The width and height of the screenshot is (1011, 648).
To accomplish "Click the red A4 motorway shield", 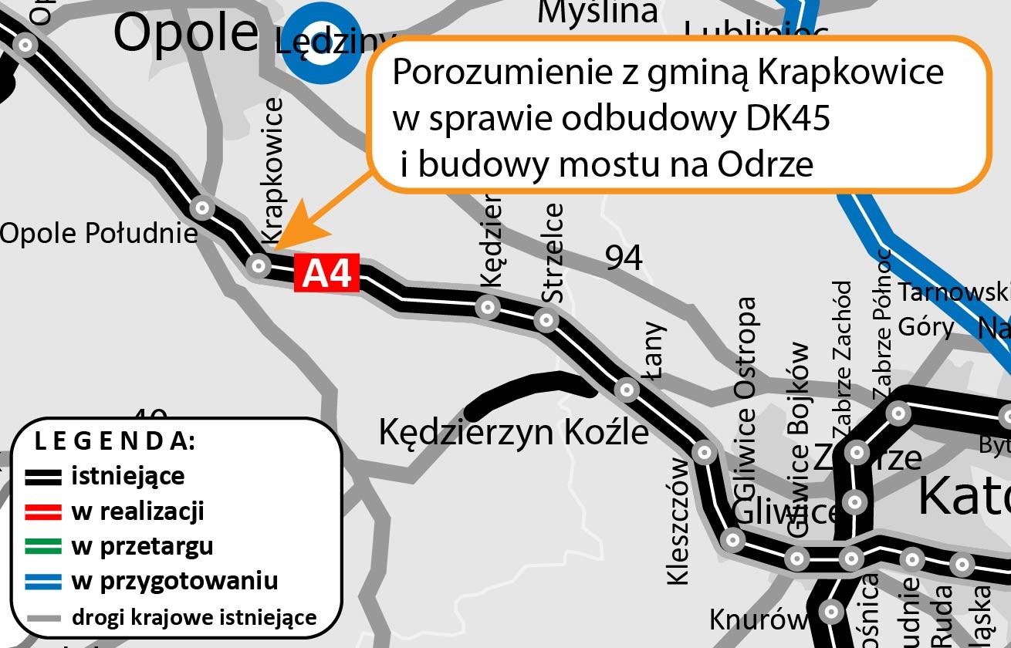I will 327,274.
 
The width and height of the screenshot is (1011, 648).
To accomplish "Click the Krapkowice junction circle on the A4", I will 259,266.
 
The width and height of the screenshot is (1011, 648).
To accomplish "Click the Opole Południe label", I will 99,232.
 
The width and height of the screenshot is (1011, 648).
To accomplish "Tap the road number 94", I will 623,258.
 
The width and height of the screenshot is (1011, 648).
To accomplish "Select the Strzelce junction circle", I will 546,319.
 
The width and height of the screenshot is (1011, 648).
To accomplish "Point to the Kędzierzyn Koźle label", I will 513,432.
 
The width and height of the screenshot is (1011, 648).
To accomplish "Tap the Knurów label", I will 758,619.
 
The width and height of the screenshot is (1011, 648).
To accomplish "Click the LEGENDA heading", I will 115,442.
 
